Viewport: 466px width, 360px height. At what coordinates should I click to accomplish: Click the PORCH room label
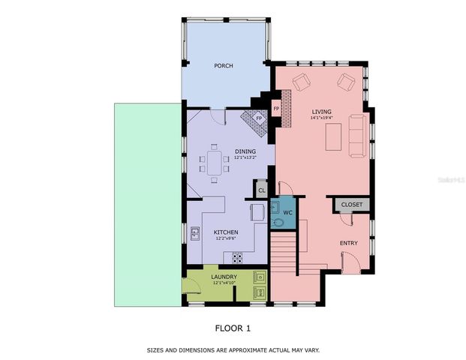[223, 66]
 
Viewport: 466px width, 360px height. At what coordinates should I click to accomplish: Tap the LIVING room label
[321, 112]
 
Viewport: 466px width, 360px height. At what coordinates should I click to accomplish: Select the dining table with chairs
[215, 163]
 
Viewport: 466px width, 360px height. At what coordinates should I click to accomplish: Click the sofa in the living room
[358, 136]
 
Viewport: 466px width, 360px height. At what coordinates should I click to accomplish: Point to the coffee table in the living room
[334, 136]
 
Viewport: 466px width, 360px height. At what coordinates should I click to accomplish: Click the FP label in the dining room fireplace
[259, 118]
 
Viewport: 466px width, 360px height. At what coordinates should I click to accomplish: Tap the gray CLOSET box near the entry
[351, 205]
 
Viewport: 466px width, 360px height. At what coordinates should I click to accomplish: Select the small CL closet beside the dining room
[262, 190]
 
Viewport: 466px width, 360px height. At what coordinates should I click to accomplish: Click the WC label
[287, 212]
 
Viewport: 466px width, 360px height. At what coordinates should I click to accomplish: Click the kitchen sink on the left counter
[194, 233]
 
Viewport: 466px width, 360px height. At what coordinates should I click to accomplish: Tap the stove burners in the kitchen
[237, 258]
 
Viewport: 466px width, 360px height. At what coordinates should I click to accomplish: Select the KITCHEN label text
[226, 232]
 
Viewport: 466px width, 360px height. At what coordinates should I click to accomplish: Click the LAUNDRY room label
[225, 277]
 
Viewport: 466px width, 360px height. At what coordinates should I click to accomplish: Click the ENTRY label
[348, 243]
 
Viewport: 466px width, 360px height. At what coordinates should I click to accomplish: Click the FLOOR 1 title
[233, 328]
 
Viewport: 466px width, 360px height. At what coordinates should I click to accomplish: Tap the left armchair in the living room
[300, 82]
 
